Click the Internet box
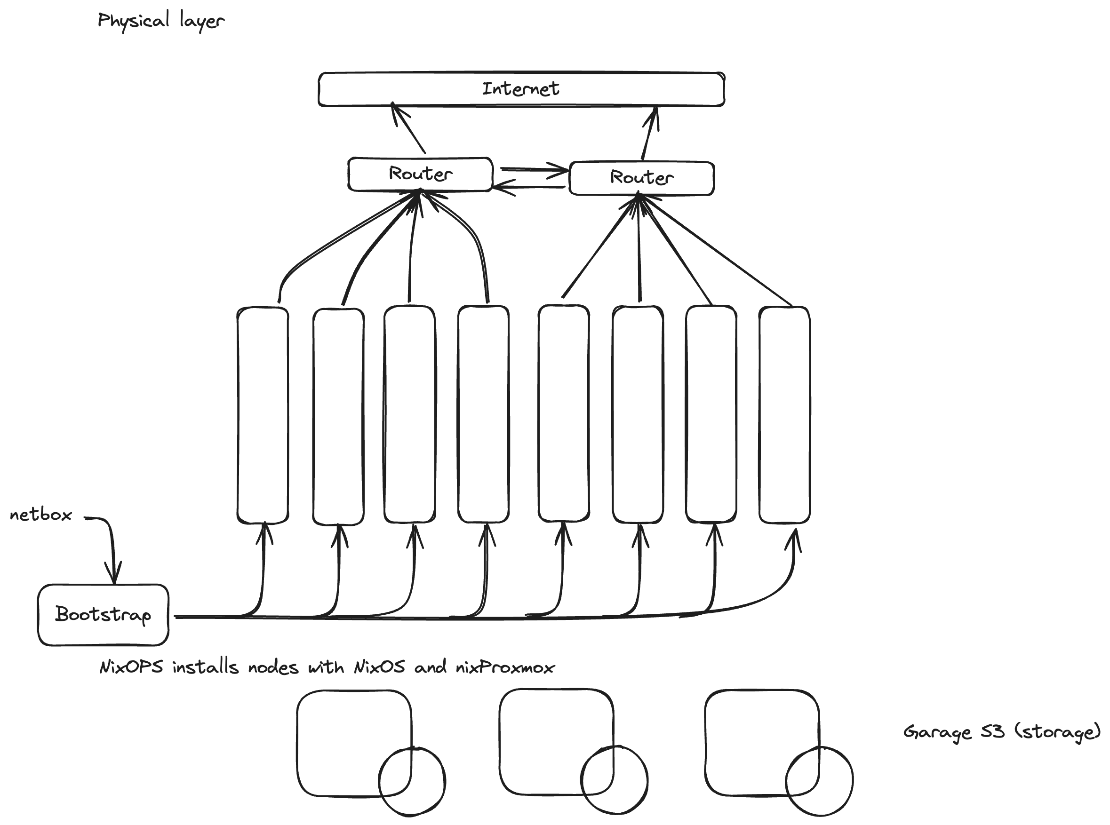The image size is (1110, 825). [x=520, y=89]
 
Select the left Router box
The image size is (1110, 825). [x=420, y=174]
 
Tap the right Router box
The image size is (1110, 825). [x=641, y=178]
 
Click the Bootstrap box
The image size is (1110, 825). [x=103, y=614]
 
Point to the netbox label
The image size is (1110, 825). [x=41, y=515]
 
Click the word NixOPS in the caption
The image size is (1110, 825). [x=131, y=667]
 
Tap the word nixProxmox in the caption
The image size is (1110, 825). [x=504, y=667]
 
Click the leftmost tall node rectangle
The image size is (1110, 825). [x=263, y=415]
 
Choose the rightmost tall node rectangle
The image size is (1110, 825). [x=784, y=415]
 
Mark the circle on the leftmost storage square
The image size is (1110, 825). [x=412, y=782]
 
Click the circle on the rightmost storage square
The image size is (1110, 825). [x=819, y=782]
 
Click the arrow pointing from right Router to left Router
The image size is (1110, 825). [x=529, y=188]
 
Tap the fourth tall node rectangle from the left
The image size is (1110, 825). [x=483, y=415]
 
